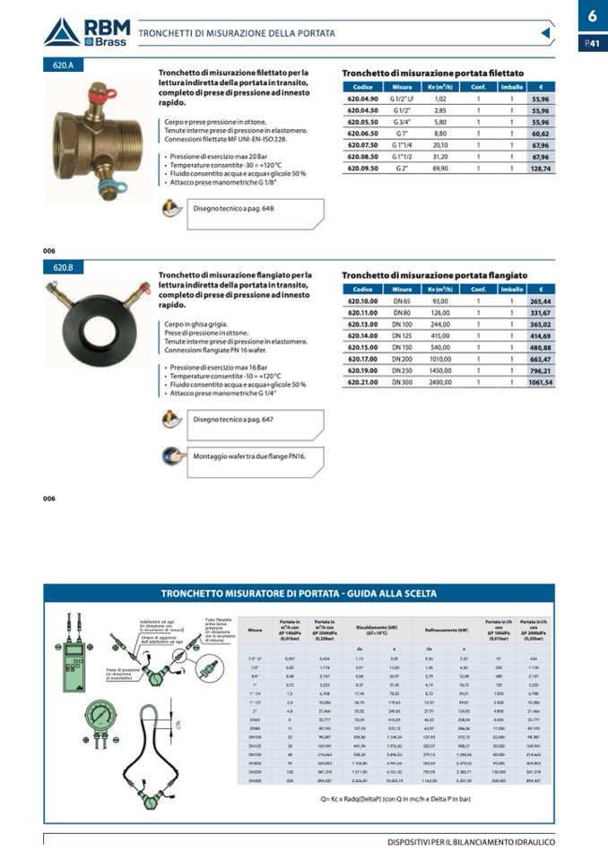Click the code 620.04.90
click(x=362, y=99)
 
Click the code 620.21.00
click(x=362, y=382)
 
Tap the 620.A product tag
click(x=64, y=65)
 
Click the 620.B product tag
click(x=64, y=267)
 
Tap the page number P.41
click(x=592, y=43)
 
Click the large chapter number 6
click(x=592, y=16)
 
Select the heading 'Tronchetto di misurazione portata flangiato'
click(x=434, y=275)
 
